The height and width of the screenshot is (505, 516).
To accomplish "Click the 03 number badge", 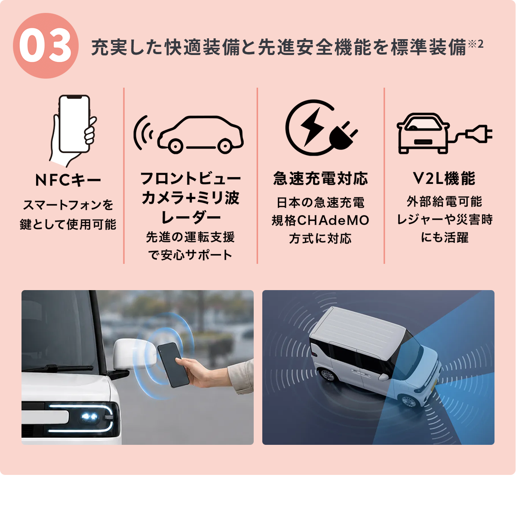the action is (46, 46).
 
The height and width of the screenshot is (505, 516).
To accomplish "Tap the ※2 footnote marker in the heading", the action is (476, 44).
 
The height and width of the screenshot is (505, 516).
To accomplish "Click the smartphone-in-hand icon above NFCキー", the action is (73, 131).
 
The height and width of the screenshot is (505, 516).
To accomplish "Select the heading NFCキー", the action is (68, 180).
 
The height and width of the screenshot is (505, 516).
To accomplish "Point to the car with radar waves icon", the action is (188, 135).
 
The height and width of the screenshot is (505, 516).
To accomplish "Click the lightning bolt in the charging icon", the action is (312, 126).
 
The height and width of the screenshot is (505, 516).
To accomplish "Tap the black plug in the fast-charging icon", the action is (343, 136).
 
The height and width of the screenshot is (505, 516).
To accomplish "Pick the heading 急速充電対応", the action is (320, 179).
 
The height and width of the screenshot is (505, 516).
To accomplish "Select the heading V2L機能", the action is (444, 179).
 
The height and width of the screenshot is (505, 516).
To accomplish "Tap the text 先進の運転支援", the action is (190, 237).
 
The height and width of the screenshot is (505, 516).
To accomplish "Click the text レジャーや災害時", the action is (445, 220).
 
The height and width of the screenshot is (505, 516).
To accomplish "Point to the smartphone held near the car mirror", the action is (173, 365).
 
